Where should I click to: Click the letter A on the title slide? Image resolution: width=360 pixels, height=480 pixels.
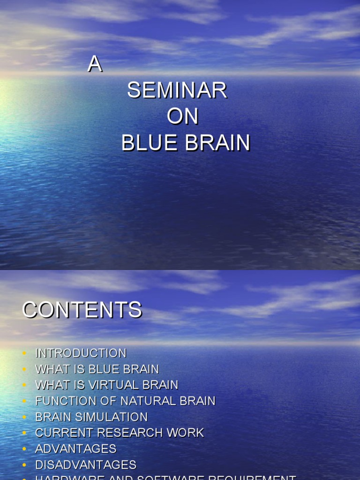(x=95, y=65)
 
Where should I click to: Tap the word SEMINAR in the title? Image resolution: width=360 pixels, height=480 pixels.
(x=177, y=90)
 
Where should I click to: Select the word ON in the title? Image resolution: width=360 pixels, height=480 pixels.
(x=183, y=117)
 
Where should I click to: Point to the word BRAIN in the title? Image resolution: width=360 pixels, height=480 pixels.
(x=217, y=143)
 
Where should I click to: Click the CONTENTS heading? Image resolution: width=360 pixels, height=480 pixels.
(x=82, y=310)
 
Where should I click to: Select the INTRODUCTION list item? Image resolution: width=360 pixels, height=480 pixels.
(x=81, y=353)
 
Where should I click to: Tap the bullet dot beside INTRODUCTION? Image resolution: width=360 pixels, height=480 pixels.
(x=24, y=353)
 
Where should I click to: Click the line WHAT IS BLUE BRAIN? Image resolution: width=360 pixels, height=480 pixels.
(x=97, y=369)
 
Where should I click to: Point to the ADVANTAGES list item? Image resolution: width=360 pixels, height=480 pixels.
(x=76, y=449)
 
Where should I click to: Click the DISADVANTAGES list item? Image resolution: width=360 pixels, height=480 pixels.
(x=86, y=465)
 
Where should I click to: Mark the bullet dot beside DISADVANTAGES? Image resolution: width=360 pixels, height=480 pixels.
(x=24, y=465)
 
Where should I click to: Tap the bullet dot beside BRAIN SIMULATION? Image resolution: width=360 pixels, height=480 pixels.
(x=24, y=417)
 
